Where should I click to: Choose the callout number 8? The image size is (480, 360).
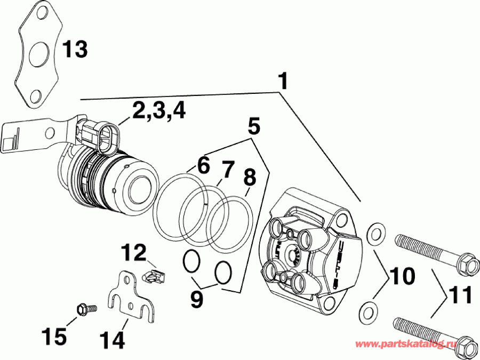click(250, 177)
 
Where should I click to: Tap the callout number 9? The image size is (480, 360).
click(197, 299)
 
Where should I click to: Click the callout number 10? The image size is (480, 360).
click(402, 276)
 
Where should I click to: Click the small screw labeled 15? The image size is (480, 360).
click(85, 308)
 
